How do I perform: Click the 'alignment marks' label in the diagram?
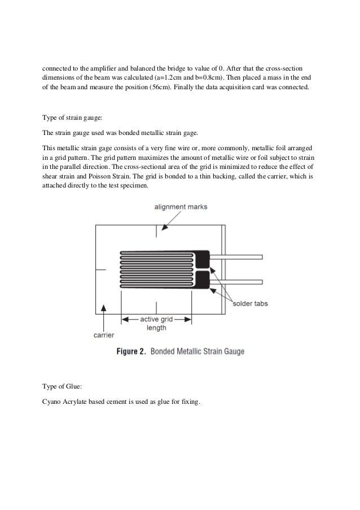181,207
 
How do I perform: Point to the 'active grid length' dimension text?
156,323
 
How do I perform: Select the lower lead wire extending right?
237,280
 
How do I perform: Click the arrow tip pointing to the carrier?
103,306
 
